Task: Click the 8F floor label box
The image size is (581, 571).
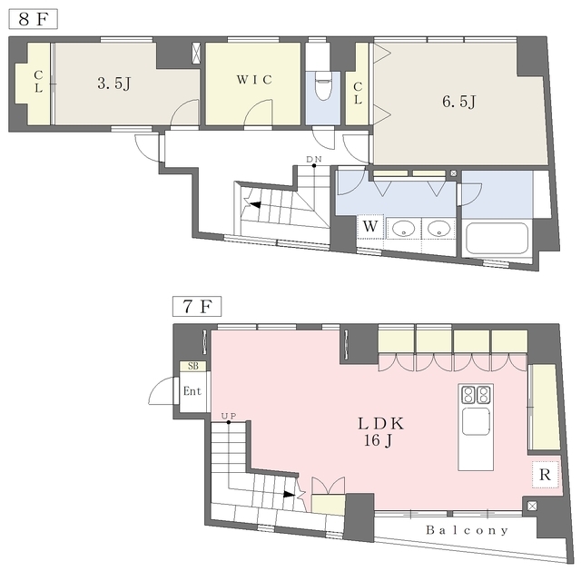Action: coord(33,19)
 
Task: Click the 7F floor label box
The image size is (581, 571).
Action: coord(197,306)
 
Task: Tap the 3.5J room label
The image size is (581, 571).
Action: coord(114,84)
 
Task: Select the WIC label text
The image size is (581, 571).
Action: coord(254,79)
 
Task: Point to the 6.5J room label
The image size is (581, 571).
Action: coord(458,101)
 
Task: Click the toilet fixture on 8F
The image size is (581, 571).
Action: coord(323,85)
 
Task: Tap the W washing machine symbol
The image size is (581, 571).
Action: coord(370,226)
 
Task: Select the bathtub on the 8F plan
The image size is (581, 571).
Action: coord(497,239)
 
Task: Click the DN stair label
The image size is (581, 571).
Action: coord(314,159)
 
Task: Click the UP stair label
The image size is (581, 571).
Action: coord(229,416)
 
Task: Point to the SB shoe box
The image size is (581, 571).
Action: coord(193,366)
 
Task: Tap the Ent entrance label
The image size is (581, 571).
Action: coord(192,391)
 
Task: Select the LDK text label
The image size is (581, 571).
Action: coord(381,424)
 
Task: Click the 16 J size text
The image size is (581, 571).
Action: coord(378,440)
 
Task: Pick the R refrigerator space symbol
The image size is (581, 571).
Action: coord(545,475)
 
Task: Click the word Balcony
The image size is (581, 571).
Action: coord(467,530)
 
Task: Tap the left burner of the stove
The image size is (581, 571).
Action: coord(468,395)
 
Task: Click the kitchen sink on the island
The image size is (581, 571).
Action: coord(476,421)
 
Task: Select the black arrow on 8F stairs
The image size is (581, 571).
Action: coord(255,204)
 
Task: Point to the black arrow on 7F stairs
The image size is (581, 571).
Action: coord(290,494)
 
